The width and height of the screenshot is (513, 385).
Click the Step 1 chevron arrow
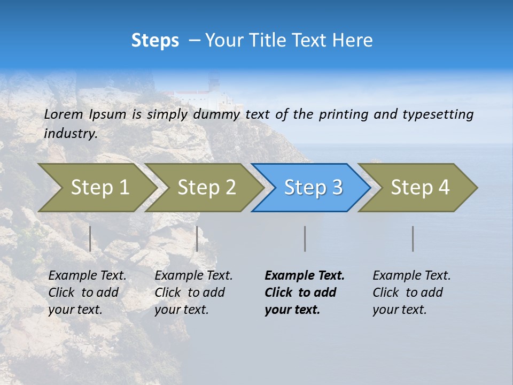pyautogui.click(x=96, y=188)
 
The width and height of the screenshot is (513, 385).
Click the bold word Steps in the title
pyautogui.click(x=155, y=41)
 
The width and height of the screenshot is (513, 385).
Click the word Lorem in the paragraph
pyautogui.click(x=64, y=114)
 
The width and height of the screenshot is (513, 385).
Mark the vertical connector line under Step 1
pyautogui.click(x=90, y=238)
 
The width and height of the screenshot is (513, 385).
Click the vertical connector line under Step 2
pyautogui.click(x=197, y=238)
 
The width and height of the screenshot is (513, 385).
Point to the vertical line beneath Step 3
pyautogui.click(x=305, y=238)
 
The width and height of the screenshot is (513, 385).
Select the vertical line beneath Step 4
pyautogui.click(x=413, y=238)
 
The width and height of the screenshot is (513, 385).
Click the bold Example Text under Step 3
pyautogui.click(x=305, y=276)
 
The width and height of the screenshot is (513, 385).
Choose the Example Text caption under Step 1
pyautogui.click(x=87, y=276)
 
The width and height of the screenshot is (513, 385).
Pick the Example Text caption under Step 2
pyautogui.click(x=193, y=276)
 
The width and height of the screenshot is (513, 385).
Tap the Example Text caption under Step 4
pyautogui.click(x=411, y=276)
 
